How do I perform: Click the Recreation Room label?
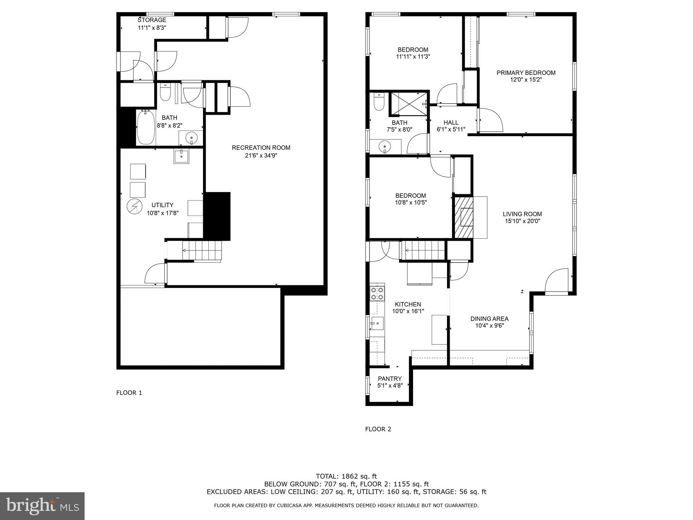261,148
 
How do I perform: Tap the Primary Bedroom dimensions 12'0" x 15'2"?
526,80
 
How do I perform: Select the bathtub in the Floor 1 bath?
146,127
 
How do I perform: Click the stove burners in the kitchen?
377,294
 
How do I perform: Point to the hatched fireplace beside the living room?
463,217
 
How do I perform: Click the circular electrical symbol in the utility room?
134,207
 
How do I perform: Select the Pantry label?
390,378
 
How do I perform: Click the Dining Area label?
489,319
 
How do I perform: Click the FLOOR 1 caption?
129,393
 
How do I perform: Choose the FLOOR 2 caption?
378,429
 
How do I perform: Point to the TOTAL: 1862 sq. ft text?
346,476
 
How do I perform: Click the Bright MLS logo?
42,506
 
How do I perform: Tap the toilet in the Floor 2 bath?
379,102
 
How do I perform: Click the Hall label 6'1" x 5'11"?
451,126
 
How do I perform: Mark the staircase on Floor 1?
202,251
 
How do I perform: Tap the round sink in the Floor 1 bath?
192,138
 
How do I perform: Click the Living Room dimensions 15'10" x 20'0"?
522,221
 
